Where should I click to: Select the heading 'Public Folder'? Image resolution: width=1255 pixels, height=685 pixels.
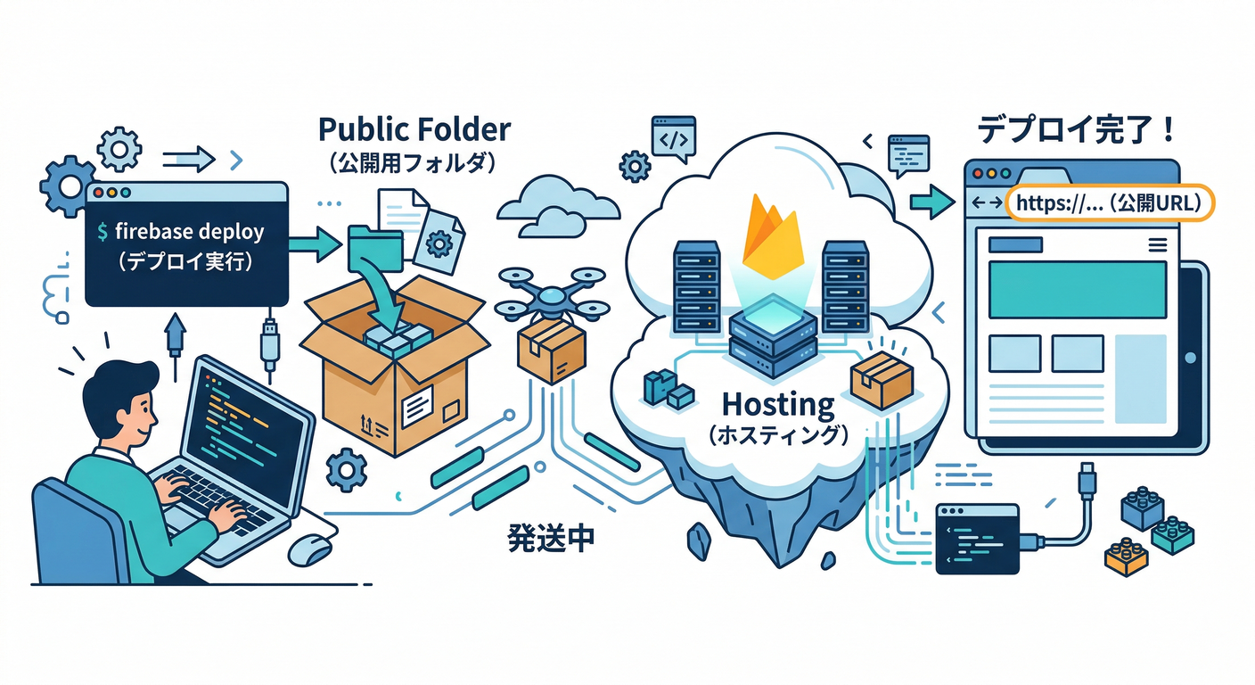click(414, 129)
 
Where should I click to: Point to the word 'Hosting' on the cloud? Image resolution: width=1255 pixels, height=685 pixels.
click(777, 404)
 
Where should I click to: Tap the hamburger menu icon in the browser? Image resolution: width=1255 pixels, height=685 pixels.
click(1158, 243)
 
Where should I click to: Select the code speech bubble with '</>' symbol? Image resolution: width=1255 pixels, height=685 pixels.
click(673, 137)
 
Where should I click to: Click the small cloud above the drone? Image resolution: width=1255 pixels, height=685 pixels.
click(557, 203)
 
